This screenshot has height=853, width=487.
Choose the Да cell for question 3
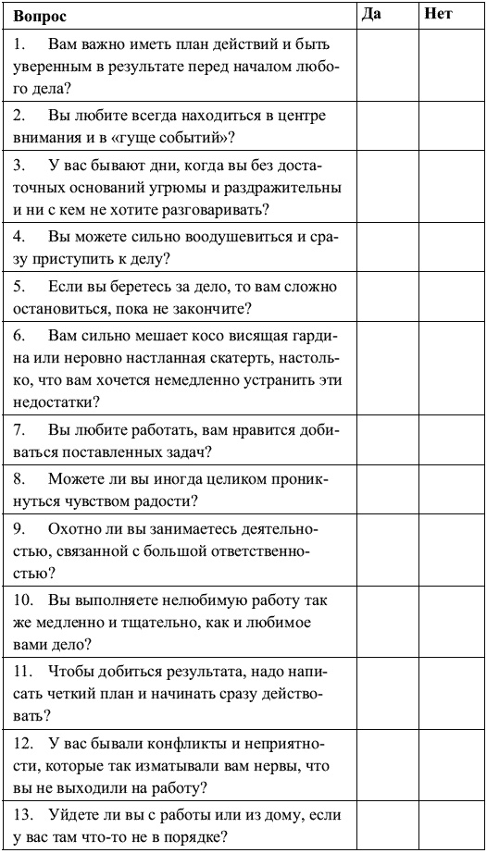[x=386, y=188]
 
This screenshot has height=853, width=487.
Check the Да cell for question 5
[x=386, y=296]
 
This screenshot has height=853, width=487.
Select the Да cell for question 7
[x=386, y=441]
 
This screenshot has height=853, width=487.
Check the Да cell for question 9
[x=386, y=551]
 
